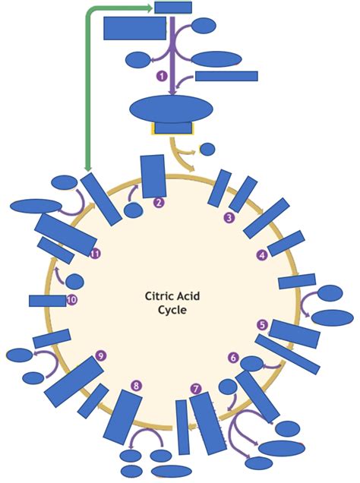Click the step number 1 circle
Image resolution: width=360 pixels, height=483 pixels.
161,76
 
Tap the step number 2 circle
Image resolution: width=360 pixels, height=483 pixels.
159,203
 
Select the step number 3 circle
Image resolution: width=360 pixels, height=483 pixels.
229,218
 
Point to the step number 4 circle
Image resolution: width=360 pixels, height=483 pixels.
262,255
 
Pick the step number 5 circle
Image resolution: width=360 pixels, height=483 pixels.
262,325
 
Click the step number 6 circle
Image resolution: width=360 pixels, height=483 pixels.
233,357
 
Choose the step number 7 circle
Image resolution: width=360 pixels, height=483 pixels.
196,390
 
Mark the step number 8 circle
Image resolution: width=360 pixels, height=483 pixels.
136,387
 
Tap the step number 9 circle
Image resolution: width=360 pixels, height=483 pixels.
100,355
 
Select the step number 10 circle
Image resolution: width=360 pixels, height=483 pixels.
72,300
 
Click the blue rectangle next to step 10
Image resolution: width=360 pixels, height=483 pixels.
47,301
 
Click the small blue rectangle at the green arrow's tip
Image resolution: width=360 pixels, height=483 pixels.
173,8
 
